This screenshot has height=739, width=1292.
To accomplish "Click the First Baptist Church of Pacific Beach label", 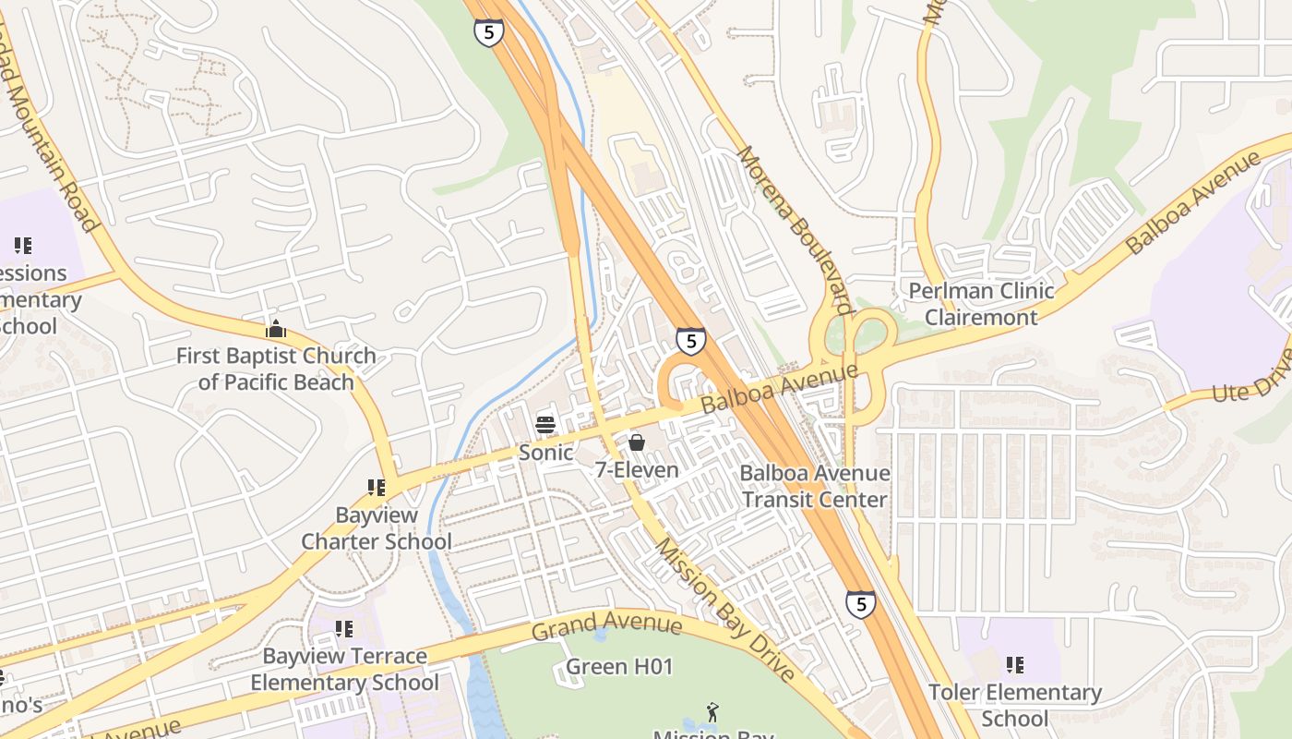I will point(276,369).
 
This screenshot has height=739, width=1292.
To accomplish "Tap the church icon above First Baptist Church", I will point(275,329).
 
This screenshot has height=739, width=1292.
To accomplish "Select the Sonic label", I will point(545,453).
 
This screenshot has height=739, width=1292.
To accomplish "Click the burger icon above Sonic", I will point(545,425).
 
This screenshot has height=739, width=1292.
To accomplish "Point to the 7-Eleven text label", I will point(637,470).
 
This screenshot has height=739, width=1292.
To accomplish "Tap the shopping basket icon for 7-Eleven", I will point(637,442).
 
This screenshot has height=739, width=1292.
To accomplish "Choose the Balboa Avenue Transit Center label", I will point(815,487).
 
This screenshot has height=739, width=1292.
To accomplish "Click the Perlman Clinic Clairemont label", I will point(981,304).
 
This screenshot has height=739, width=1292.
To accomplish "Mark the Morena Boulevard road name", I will point(794,230).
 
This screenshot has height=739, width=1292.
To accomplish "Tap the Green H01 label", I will point(619,666).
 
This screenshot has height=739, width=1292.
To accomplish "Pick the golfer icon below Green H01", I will point(712,712).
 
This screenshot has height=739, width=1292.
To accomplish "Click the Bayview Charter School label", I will point(377,528).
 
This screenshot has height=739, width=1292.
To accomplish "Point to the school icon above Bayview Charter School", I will point(376,487).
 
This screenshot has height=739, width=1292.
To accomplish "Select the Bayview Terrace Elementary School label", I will point(344,670).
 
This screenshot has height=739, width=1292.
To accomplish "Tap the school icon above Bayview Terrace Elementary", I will point(344,629).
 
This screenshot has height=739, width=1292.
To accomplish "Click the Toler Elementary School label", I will point(1015,706).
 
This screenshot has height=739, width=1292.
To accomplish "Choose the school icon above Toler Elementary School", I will point(1015,665).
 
